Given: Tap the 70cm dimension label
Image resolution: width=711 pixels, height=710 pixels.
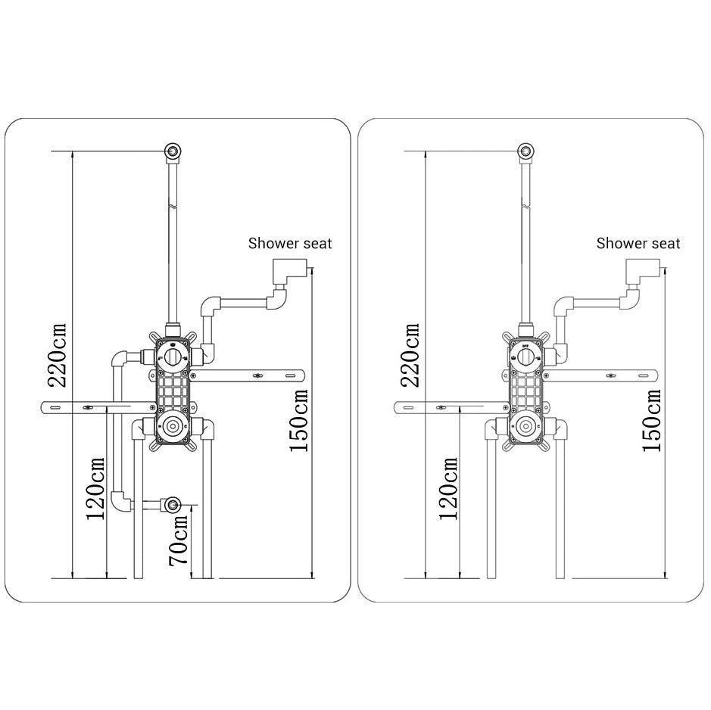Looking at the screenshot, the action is click(x=178, y=540).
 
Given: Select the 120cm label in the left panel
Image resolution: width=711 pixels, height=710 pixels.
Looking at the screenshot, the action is click(x=95, y=488).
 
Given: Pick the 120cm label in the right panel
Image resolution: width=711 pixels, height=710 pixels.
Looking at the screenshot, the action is click(x=448, y=488).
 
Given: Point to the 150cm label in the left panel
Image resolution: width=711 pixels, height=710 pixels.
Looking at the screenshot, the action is click(x=299, y=420).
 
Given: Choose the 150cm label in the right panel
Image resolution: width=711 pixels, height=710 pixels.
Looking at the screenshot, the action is click(x=652, y=420).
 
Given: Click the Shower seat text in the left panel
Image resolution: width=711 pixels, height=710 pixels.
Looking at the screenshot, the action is click(x=290, y=244).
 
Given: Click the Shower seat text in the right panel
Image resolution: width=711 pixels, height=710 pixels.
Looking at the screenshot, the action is click(x=638, y=244).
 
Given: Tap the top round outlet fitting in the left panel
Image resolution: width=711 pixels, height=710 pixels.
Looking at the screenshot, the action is click(x=173, y=151).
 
